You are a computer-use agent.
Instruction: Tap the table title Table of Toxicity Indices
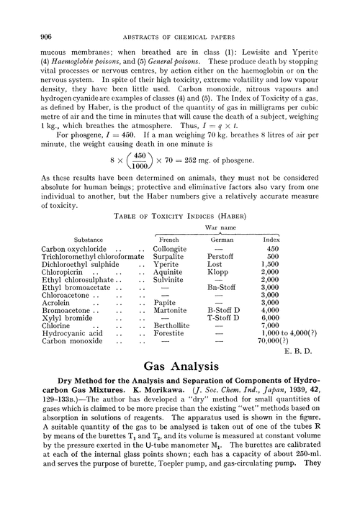179,214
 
